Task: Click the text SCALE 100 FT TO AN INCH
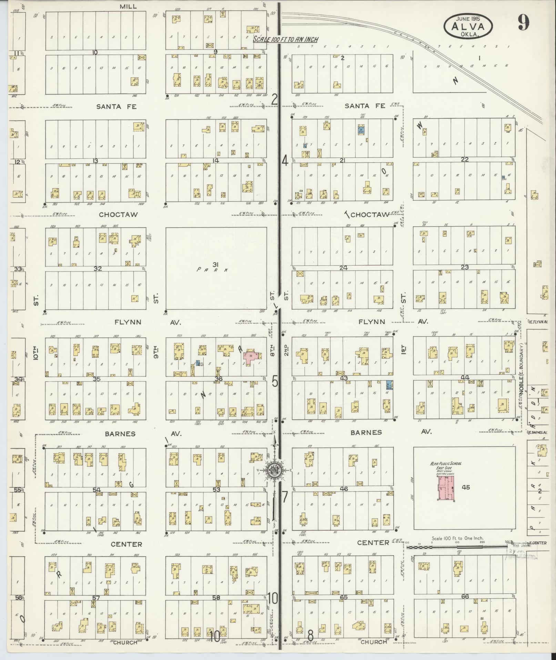(286, 39)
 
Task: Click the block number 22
(465, 159)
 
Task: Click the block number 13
(95, 161)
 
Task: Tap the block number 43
(344, 378)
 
